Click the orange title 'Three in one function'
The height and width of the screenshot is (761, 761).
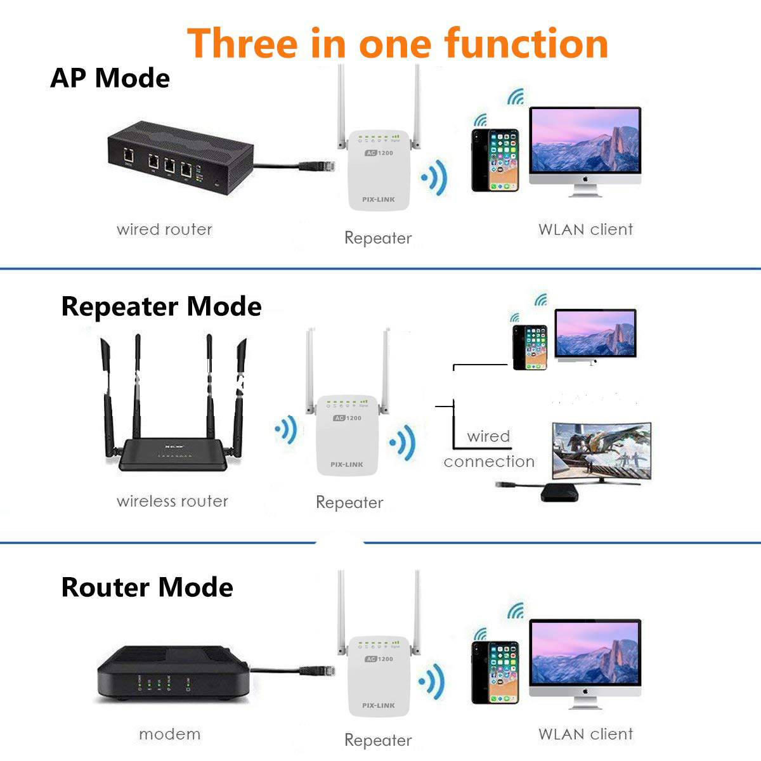pos(398,43)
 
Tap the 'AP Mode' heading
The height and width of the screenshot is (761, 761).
pos(110,78)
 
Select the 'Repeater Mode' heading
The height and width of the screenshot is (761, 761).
pos(161,306)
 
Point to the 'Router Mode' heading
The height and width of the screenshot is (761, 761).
pos(147,587)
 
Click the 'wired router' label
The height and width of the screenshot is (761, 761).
pos(164,230)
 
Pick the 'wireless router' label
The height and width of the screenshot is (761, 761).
pos(172,501)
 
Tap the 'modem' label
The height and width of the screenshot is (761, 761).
pos(169,734)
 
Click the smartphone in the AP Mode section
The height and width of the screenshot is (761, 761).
pos(495,160)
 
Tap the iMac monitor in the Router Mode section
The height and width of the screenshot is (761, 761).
pos(585,660)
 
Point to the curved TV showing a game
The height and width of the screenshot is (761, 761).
pos(601,452)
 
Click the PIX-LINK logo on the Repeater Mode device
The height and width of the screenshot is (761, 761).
pos(347,464)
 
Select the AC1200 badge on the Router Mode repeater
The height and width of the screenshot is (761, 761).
pos(379,659)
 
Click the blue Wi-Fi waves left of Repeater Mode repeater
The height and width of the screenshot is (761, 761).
pos(287,430)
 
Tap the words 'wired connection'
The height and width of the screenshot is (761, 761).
pos(489,449)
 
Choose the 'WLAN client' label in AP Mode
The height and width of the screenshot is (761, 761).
pos(585,230)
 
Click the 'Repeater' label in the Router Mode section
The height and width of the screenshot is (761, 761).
pos(378,740)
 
